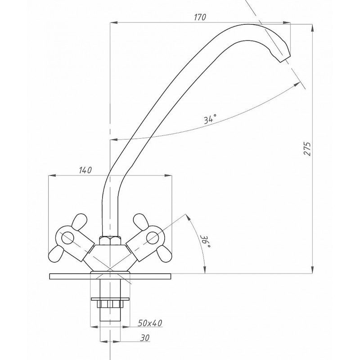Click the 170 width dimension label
pos(200,17)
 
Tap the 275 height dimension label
pos(307,149)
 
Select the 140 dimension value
pos(85,170)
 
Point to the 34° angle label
pos(210,119)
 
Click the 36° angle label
pos(205,241)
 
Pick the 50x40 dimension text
pos(150,323)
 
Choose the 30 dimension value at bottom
pos(144,338)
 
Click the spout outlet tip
pos(285,59)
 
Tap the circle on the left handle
pos(68,238)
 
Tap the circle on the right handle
pos(153,238)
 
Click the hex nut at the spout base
pos(110,240)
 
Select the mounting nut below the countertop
pos(110,304)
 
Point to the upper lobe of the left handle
pos(80,221)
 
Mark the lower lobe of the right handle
pos(164,254)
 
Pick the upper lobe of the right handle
pos(141,221)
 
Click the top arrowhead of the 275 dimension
pos(312,28)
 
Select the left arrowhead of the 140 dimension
pos(52,175)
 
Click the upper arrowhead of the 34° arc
pos(297,85)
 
